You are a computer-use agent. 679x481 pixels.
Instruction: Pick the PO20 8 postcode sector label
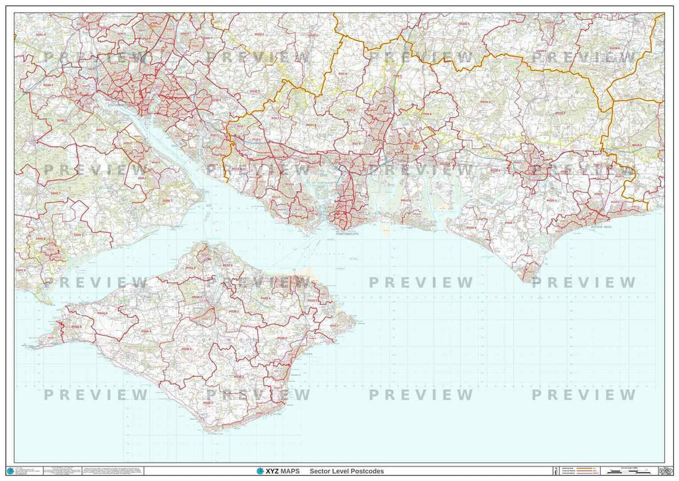(x=470, y=228)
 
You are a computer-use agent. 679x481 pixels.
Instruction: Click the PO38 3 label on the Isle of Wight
(x=237, y=376)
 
